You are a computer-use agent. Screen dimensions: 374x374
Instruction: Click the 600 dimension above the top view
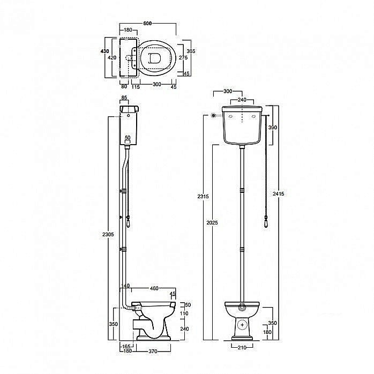tap(147, 24)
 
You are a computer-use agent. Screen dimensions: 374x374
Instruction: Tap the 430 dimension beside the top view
tap(104, 51)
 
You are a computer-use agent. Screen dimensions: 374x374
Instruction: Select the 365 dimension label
tap(191, 51)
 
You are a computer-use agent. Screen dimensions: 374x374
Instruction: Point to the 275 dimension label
tap(183, 57)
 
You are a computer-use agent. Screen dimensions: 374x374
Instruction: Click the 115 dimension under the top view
tap(136, 87)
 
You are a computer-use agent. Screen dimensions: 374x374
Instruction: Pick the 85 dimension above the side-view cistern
tap(124, 98)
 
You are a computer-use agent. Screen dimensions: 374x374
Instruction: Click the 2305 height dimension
tap(108, 235)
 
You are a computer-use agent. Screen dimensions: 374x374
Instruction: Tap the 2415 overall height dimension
tap(278, 194)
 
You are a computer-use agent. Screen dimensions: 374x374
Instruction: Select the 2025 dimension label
tap(212, 222)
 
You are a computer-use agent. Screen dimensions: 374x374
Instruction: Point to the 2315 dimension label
tap(203, 197)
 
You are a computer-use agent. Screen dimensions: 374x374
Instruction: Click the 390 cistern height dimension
tap(273, 128)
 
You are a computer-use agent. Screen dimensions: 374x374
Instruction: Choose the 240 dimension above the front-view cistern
tap(242, 100)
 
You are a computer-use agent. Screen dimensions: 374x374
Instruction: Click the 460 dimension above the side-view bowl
tap(154, 288)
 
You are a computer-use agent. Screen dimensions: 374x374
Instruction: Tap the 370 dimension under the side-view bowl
tap(153, 351)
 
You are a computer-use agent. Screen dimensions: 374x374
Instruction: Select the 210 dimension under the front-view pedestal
tap(242, 348)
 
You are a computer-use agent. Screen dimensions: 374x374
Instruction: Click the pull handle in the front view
tap(266, 222)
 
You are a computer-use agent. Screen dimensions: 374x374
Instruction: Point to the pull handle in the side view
tap(128, 222)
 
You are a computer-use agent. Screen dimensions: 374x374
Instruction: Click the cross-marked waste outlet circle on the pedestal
tap(243, 325)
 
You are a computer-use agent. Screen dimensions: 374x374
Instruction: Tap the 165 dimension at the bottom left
tap(126, 346)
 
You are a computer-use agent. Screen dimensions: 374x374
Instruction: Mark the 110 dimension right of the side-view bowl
tap(184, 313)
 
